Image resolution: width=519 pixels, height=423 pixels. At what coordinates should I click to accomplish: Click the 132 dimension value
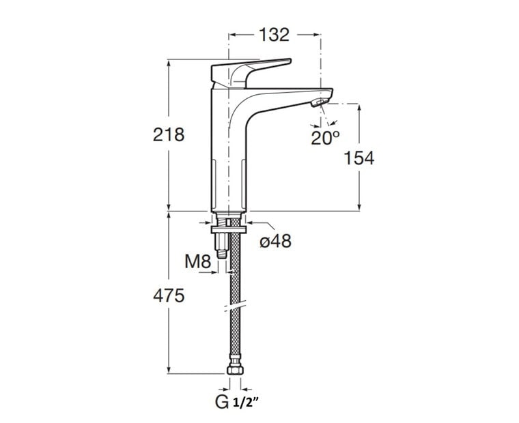[x=274, y=35]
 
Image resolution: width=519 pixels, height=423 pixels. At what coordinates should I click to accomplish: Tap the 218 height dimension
[x=169, y=135]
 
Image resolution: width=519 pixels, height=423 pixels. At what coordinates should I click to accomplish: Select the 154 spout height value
[x=359, y=158]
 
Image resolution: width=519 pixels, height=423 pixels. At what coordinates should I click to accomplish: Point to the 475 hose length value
[x=169, y=295]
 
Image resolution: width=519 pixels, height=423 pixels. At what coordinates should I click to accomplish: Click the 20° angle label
[x=325, y=138]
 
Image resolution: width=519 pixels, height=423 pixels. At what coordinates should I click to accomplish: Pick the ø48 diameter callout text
[x=275, y=241]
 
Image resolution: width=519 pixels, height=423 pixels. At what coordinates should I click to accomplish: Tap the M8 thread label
[x=197, y=262]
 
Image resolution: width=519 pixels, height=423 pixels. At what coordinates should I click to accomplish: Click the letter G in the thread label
[x=221, y=402]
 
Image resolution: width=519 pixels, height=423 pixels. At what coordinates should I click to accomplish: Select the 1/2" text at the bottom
[x=246, y=403]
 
